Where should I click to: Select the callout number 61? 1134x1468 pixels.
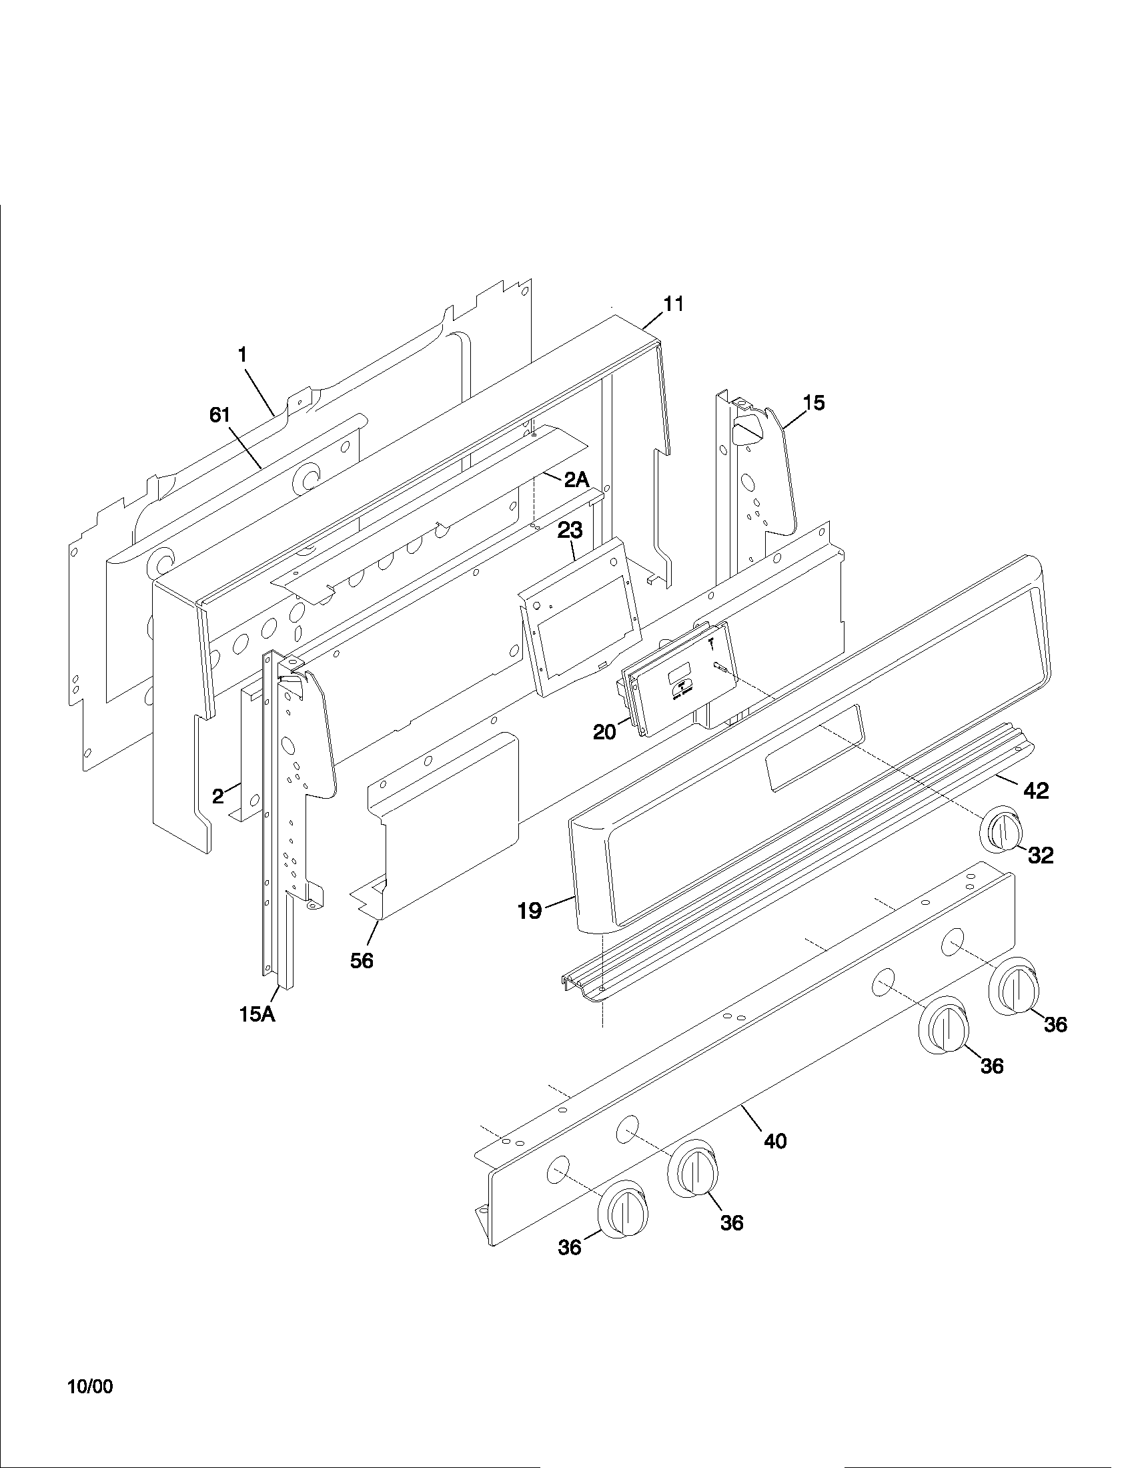point(219,416)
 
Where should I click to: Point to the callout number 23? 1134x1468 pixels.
point(570,530)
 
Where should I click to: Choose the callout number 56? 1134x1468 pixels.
point(362,961)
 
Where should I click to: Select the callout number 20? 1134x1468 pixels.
point(604,732)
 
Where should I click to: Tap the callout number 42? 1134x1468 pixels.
point(1035,791)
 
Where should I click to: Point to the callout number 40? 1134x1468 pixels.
point(775,1140)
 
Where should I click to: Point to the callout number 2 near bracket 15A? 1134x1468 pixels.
point(218,797)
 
